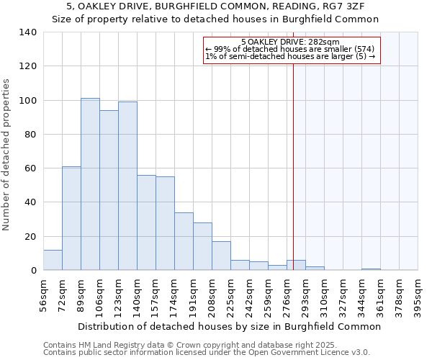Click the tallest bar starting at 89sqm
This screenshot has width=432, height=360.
click(90, 184)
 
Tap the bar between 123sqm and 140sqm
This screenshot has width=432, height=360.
click(127, 186)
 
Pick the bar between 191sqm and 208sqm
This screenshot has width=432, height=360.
click(202, 246)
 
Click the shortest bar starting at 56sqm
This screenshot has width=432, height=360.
click(53, 260)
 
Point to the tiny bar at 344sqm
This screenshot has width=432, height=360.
click(371, 269)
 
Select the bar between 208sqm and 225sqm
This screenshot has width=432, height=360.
click(221, 256)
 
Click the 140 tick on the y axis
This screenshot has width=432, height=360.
click(28, 32)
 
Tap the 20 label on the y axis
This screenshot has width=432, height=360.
click(31, 236)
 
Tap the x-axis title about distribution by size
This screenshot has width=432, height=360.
click(229, 326)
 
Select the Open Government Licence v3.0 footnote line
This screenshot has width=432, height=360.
click(206, 352)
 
